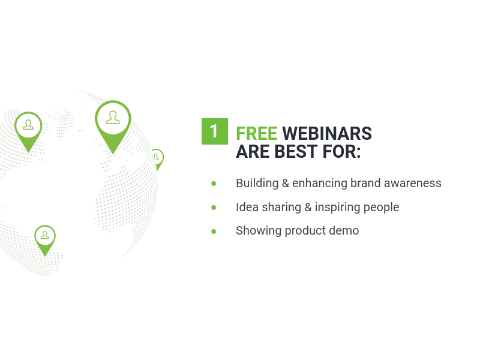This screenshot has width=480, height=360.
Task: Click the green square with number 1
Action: (215, 131)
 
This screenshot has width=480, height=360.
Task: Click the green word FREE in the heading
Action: (257, 133)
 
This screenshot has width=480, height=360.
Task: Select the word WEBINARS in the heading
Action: (327, 133)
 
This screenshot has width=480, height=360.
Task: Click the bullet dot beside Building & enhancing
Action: (214, 184)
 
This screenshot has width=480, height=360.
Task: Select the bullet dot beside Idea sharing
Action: (214, 208)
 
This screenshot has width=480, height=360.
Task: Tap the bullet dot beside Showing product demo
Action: (214, 232)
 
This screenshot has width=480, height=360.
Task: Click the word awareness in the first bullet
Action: (413, 184)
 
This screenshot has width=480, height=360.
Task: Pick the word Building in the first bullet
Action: (257, 184)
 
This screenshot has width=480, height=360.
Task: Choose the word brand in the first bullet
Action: (365, 183)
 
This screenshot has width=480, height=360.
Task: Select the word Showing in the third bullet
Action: (259, 231)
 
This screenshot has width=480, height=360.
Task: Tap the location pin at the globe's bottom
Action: (45, 239)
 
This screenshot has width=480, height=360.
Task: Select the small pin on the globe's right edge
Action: (158, 158)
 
